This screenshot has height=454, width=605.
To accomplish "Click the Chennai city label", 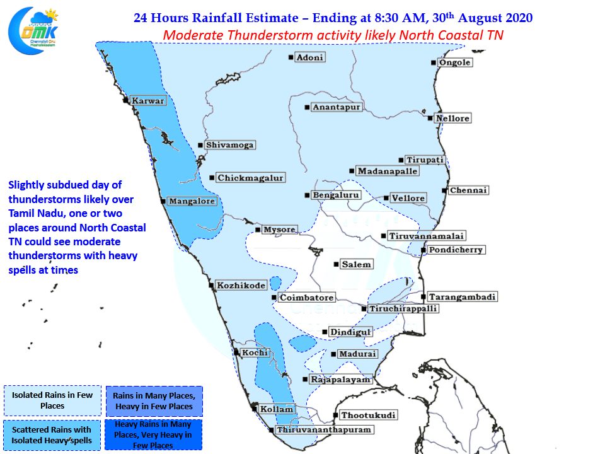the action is [x=468, y=190].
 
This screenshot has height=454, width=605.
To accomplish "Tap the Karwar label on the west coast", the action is [x=148, y=101].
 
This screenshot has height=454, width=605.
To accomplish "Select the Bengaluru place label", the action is [x=336, y=195].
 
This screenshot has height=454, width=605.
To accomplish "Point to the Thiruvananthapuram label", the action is [x=324, y=429].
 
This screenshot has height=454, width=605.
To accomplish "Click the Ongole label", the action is [x=455, y=62].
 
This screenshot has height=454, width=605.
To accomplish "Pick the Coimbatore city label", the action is [x=307, y=298].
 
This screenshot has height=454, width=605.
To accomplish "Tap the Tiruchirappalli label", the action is [x=403, y=309].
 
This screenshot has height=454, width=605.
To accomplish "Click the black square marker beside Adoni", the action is [x=291, y=57].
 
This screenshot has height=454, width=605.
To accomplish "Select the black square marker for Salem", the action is [x=336, y=264].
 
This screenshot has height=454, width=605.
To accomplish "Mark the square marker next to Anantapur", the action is [x=307, y=107].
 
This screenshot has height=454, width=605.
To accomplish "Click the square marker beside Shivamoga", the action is [x=200, y=145].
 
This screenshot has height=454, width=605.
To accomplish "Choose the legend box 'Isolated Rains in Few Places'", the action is [x=52, y=400].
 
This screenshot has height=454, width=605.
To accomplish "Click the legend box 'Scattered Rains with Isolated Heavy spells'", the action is [x=52, y=435].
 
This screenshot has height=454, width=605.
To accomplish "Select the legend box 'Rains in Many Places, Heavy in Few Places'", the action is [x=154, y=401].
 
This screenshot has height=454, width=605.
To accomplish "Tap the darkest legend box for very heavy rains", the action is [x=153, y=434].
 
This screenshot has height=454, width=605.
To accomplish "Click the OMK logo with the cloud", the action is [x=33, y=31].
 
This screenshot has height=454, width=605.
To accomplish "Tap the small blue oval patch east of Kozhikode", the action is [x=275, y=283].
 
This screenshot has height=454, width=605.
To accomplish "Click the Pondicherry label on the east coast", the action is [x=456, y=250].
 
